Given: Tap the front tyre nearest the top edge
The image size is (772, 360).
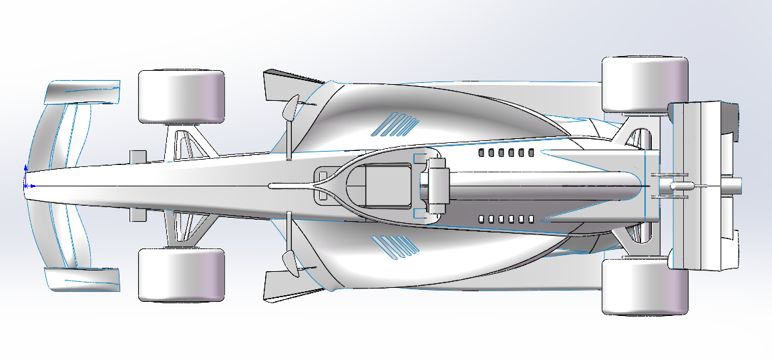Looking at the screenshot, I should pos(180,96).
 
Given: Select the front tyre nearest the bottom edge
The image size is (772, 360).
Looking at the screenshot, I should pos(180,275).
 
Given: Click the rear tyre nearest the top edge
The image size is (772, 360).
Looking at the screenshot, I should pos(644,84).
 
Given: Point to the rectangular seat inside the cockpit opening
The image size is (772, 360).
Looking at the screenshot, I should pos(388,184).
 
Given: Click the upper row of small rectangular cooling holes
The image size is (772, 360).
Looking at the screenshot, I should pos(506,153).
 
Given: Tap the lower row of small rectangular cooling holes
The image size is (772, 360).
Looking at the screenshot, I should pos(506,219).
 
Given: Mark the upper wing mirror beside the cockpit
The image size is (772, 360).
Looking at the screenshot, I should pos(292,108).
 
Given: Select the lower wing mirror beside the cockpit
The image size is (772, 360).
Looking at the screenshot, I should pos(292,262).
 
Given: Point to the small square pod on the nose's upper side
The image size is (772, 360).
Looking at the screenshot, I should pos(138,156).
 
